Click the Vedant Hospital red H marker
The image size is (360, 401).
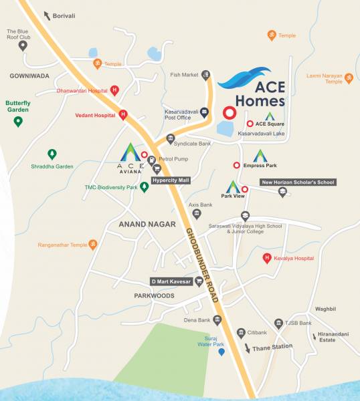pos(123,114)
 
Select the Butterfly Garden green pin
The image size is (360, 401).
pos(19,121)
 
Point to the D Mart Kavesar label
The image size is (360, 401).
pos(171,281)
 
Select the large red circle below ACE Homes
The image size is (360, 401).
pos(230,113)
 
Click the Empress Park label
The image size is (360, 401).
pos(260,165)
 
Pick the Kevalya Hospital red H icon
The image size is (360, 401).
pos(267,257)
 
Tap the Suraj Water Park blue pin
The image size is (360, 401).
pos(222,352)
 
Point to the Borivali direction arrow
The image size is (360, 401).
pos(47,15)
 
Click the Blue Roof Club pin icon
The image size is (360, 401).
pos(23,45)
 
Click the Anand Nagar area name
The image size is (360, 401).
pos(147,225)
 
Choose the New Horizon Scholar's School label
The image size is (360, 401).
pos(298,182)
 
